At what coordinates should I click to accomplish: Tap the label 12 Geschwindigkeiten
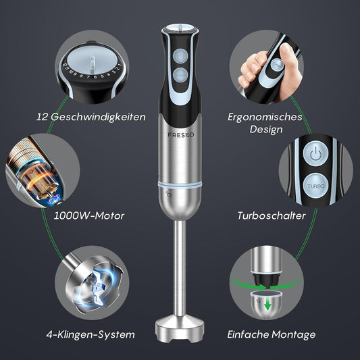91,117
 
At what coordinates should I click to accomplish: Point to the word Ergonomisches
266,117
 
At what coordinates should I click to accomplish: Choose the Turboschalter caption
271,217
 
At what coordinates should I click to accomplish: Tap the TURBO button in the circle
315,184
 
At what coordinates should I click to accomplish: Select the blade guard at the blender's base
180,330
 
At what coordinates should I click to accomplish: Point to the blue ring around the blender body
180,183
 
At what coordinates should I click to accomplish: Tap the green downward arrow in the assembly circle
268,306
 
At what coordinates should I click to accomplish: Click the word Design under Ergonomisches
266,130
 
